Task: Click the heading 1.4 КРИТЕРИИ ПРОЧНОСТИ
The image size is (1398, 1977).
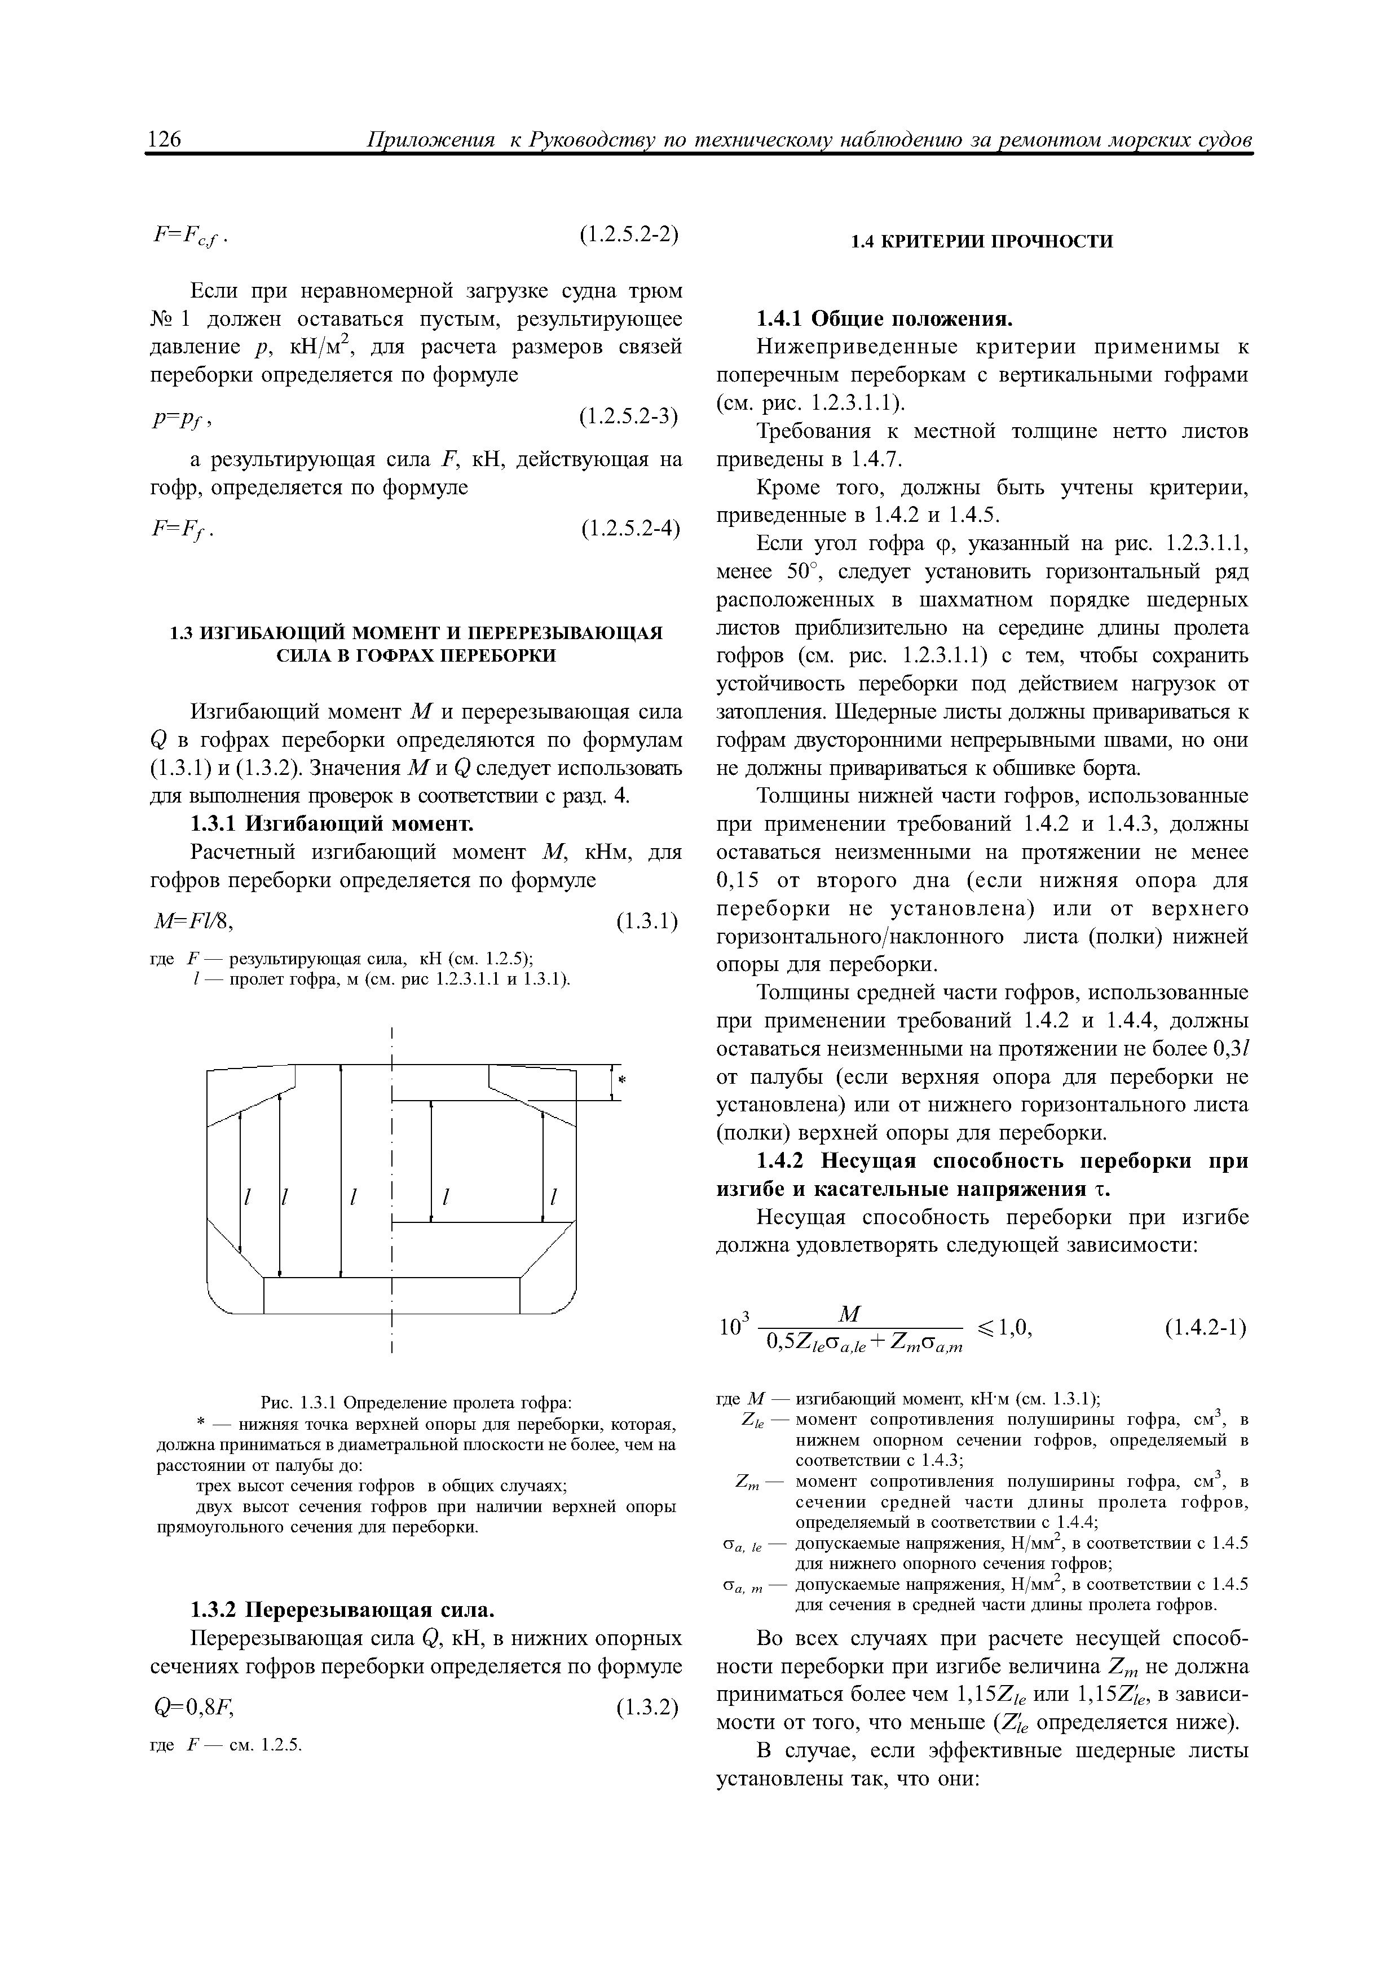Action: (981, 242)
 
